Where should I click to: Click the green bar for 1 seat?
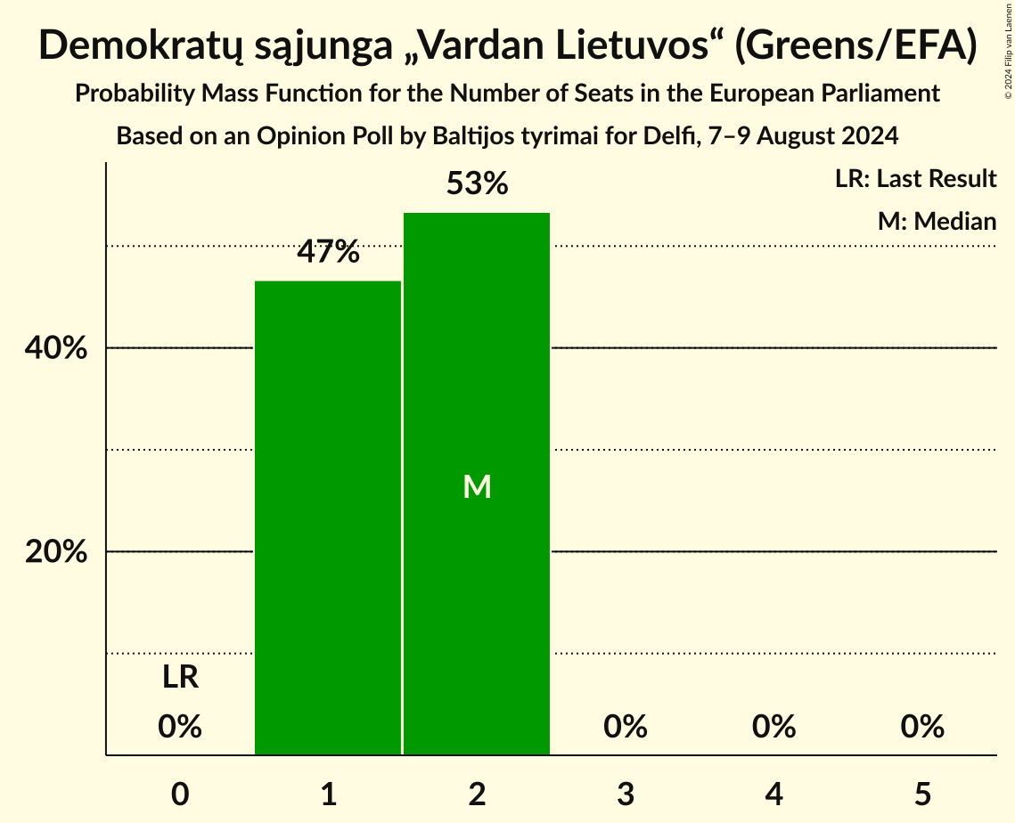pyautogui.click(x=328, y=517)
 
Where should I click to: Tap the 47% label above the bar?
pyautogui.click(x=328, y=253)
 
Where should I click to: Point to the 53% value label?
pyautogui.click(x=477, y=184)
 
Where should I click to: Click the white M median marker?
pyautogui.click(x=477, y=486)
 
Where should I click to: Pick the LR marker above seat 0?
pyautogui.click(x=180, y=678)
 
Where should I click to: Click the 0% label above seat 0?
pyautogui.click(x=180, y=727)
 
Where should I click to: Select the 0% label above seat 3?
pyautogui.click(x=626, y=727)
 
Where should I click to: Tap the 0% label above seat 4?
pyautogui.click(x=774, y=727)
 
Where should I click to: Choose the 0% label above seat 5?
pyautogui.click(x=922, y=727)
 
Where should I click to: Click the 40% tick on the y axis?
pyautogui.click(x=56, y=349)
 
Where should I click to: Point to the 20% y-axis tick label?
pyautogui.click(x=56, y=552)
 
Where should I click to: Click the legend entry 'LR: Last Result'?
pyautogui.click(x=915, y=179)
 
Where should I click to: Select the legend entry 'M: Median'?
pyautogui.click(x=937, y=221)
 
